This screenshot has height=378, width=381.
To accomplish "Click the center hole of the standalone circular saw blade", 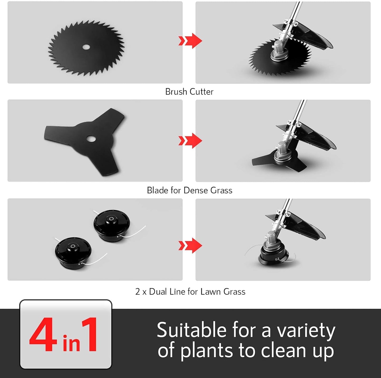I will (x=86, y=47).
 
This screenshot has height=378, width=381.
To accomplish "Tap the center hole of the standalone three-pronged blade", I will (x=91, y=138).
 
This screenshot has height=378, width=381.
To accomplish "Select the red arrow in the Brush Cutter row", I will (x=190, y=41).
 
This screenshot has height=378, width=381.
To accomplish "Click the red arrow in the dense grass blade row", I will (x=190, y=141).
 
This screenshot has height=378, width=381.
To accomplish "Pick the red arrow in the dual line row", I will (x=190, y=245).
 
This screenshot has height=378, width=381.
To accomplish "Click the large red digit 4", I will (x=43, y=335).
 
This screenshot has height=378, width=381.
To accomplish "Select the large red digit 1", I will (x=90, y=335).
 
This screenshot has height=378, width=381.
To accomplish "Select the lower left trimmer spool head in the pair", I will (x=73, y=252).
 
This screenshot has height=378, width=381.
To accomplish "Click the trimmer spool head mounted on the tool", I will (x=273, y=255).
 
